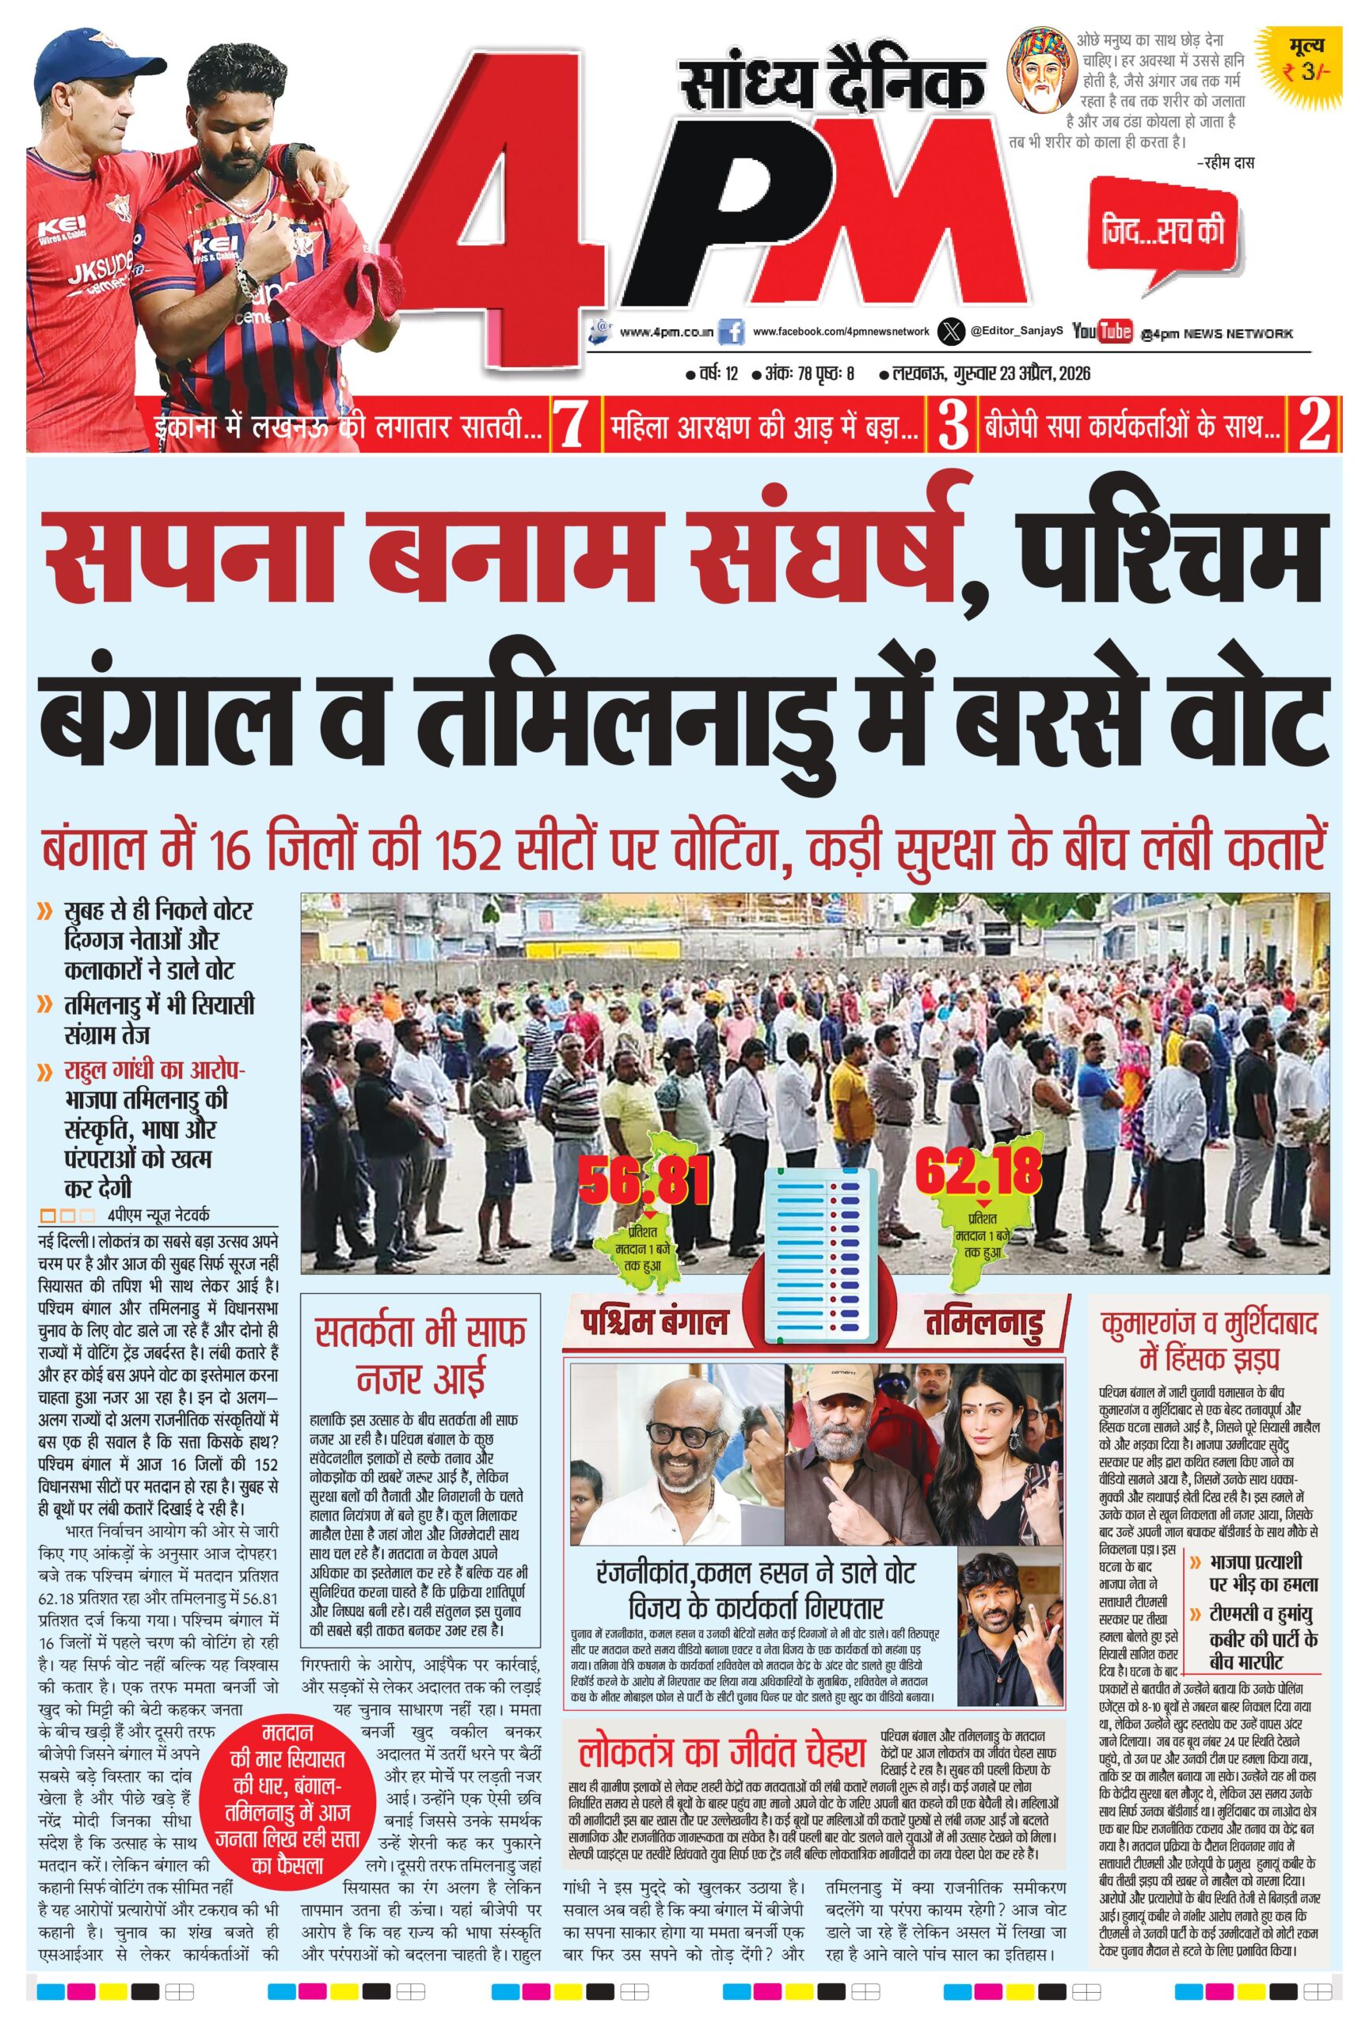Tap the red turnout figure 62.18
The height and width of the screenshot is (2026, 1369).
(x=979, y=1174)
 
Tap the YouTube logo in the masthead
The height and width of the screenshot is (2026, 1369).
(x=1102, y=332)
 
